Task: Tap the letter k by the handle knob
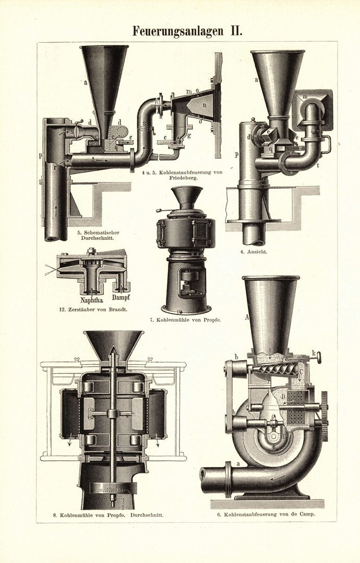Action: click(314, 353)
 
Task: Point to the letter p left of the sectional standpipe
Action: click(40, 155)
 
